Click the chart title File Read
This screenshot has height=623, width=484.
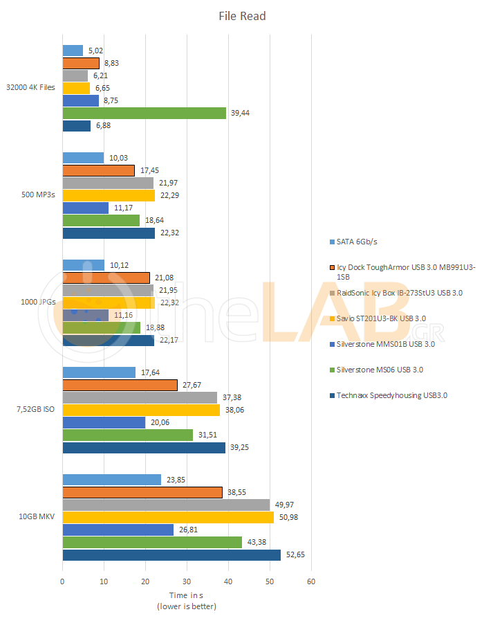coord(242,16)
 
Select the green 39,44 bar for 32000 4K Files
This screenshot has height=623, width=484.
coord(145,113)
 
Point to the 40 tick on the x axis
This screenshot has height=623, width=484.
coord(228,581)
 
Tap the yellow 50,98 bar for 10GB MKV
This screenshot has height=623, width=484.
coord(168,517)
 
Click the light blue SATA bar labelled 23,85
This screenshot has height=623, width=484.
coord(112,480)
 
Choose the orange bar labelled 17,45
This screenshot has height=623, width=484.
coord(99,170)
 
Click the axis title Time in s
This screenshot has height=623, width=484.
coord(187,595)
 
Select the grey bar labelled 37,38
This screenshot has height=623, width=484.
coord(140,397)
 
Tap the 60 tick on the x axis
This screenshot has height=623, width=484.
coord(311,581)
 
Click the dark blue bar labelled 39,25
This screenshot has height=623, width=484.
coord(144,448)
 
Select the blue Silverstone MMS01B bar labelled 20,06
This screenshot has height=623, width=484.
coord(104,422)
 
